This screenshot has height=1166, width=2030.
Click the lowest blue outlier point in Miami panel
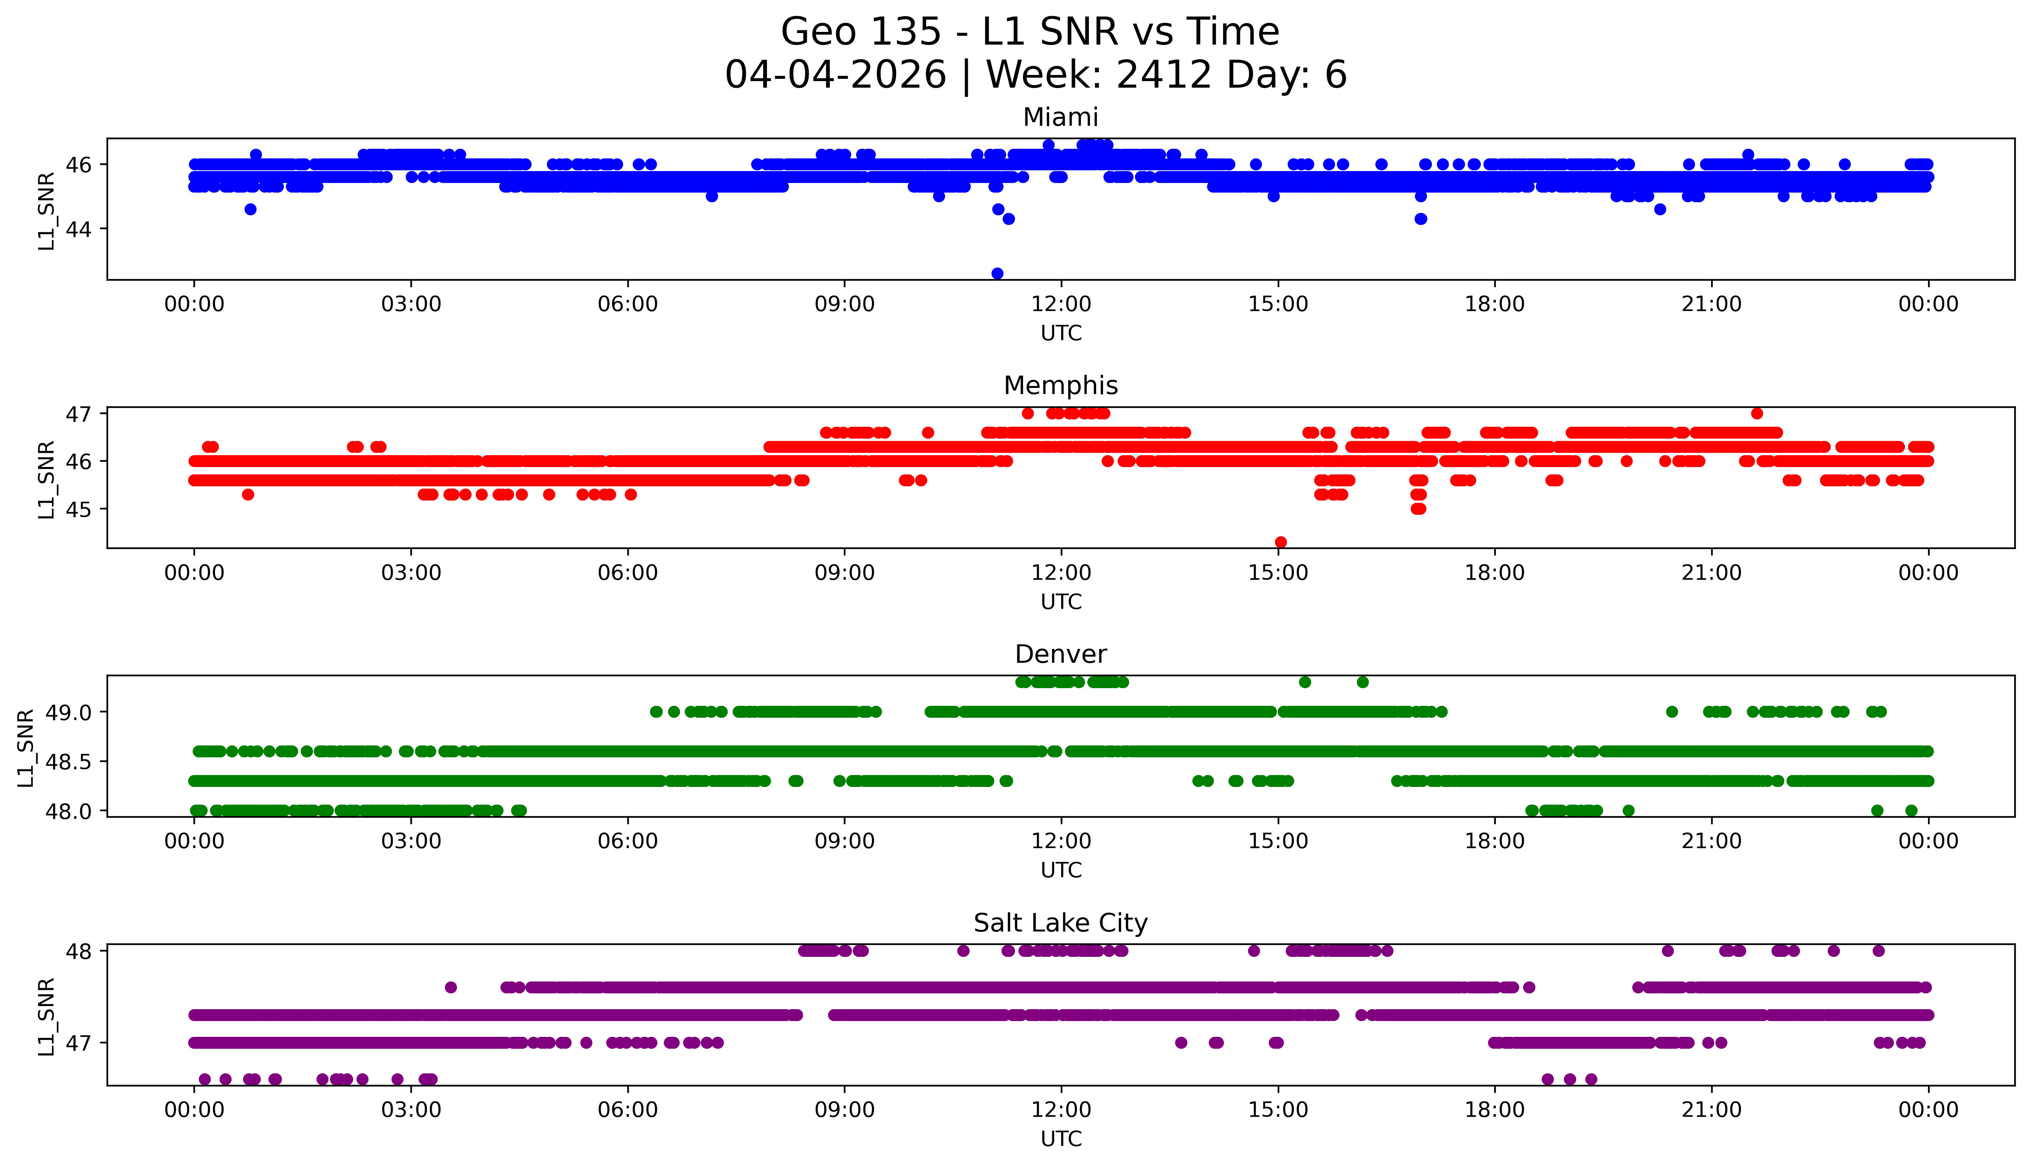click(997, 273)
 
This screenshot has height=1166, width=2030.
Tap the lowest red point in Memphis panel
click(1281, 542)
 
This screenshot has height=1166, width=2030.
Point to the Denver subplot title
click(1061, 654)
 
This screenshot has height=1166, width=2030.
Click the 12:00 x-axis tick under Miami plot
click(1062, 304)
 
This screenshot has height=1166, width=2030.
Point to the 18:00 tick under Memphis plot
click(1495, 572)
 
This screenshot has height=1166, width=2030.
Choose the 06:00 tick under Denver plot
click(628, 841)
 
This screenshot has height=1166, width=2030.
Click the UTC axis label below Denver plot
click(1061, 870)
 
